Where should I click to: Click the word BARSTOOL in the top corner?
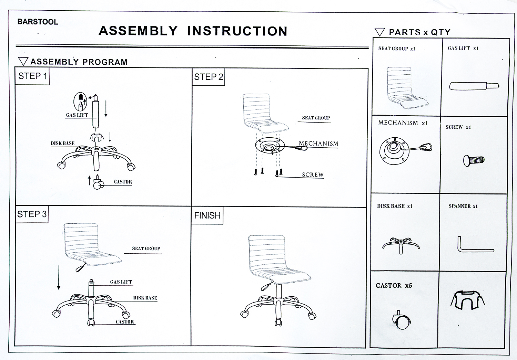pos(38,22)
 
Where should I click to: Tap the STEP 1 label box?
pos(32,76)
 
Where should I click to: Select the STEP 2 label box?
pos(209,77)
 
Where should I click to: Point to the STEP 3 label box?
pos(32,214)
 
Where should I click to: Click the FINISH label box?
pos(207,215)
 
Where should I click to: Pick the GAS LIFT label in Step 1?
pos(77,115)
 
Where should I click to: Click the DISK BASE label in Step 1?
pos(62,143)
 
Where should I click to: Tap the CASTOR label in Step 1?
pos(123,182)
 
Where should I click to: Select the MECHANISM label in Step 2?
pos(318,144)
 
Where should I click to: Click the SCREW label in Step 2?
pos(313,175)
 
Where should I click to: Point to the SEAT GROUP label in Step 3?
pos(146,248)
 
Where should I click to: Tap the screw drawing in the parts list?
pos(474,160)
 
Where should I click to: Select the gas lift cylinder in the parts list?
pos(474,86)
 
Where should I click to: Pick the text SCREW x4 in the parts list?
pos(458,127)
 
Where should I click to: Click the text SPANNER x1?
pos(463,206)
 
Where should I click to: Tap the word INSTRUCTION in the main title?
pos(237,31)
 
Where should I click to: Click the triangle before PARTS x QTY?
pos(379,32)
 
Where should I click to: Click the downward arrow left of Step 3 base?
pos(59,277)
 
